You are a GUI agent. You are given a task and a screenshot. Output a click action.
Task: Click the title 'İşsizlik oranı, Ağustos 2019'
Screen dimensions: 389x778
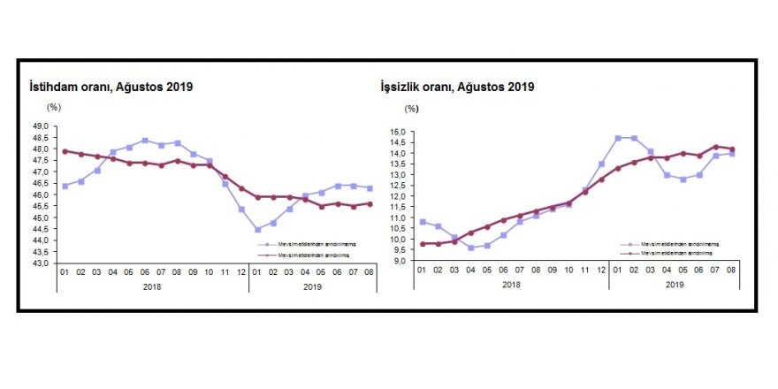(x=454, y=87)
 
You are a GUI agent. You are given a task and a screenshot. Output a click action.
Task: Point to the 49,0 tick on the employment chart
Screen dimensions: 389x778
(x=42, y=126)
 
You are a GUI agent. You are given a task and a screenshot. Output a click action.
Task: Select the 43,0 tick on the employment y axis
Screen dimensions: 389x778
(x=42, y=263)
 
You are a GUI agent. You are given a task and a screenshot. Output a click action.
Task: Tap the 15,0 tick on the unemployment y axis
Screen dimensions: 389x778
(x=397, y=133)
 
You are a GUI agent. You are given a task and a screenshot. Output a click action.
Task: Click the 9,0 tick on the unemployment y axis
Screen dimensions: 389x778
(x=399, y=261)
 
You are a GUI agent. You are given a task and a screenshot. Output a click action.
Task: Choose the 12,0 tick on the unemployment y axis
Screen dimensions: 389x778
(x=397, y=196)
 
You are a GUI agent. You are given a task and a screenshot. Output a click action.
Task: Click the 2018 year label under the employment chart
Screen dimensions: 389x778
(x=152, y=286)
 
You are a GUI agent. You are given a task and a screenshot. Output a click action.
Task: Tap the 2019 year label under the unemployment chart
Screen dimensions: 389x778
(x=675, y=284)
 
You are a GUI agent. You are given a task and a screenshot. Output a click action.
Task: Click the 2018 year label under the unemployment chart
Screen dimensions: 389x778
(x=510, y=284)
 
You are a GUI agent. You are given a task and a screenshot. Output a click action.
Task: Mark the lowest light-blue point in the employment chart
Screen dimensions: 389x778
(x=257, y=229)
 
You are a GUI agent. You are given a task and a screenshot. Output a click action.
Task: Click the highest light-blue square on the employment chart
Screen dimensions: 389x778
(x=145, y=141)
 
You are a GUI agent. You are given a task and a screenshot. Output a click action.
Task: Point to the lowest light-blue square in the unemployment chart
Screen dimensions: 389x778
(x=471, y=248)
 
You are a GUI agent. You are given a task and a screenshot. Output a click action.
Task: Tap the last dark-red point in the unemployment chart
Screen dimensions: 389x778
(x=731, y=149)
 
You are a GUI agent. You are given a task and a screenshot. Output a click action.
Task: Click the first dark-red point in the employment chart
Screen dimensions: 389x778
(x=65, y=151)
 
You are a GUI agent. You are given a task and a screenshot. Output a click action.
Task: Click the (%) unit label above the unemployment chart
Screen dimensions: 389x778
(x=412, y=109)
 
